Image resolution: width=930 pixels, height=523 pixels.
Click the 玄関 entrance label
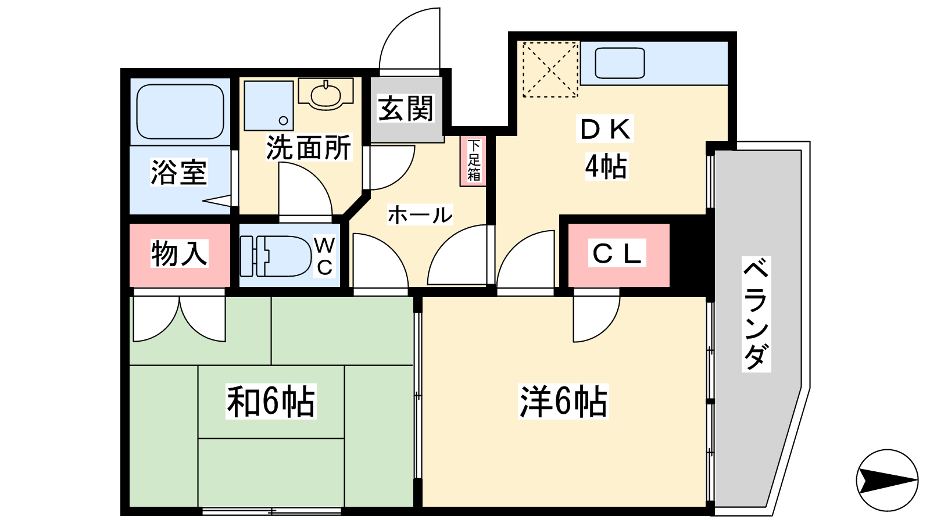click(x=405, y=109)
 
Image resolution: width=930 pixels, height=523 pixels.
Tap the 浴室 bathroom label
click(x=178, y=172)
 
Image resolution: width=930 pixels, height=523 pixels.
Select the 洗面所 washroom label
click(x=308, y=148)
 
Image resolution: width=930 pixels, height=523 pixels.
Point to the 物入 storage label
click(x=179, y=253)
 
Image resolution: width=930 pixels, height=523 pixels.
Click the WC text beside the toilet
click(x=324, y=256)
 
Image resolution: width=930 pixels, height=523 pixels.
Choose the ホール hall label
click(x=420, y=215)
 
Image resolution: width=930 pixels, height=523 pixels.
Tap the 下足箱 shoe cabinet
click(x=473, y=161)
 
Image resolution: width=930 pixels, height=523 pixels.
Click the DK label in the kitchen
click(x=605, y=128)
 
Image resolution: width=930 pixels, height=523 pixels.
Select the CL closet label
click(x=617, y=253)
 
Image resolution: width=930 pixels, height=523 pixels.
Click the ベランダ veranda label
click(x=756, y=314)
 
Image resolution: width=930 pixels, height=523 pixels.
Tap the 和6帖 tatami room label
click(x=271, y=402)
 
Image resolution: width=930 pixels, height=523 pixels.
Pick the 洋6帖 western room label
click(x=563, y=402)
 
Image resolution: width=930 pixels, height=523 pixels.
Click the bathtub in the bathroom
click(x=180, y=112)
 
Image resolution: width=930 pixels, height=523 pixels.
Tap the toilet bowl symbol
click(x=276, y=256)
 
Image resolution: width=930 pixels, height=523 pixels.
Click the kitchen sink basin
click(x=620, y=63)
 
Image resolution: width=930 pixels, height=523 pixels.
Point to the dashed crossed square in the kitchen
click(x=550, y=69)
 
